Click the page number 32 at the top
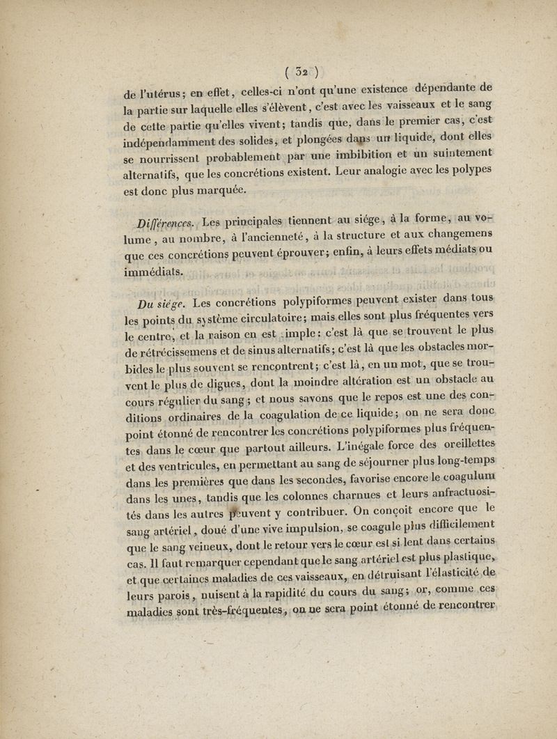coord(301,70)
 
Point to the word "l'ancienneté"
coord(246,240)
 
